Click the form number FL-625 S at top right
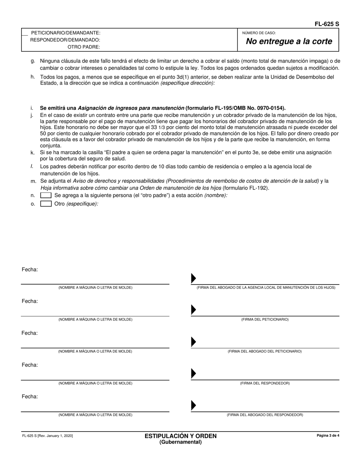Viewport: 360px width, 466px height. (x=327, y=24)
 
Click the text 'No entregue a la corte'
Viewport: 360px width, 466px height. (x=289, y=42)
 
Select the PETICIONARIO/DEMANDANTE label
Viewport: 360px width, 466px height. (x=66, y=33)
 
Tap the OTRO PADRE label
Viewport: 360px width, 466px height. (x=84, y=47)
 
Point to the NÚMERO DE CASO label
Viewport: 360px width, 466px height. (x=259, y=33)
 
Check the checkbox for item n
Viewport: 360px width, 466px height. (x=46, y=195)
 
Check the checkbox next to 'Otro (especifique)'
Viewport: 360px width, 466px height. (x=46, y=204)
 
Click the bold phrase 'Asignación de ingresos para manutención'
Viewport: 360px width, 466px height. (x=131, y=108)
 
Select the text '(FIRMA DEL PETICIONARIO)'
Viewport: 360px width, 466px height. (x=265, y=320)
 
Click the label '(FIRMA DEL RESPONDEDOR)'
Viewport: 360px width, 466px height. (x=265, y=383)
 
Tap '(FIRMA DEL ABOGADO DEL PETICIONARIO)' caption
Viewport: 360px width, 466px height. (x=265, y=352)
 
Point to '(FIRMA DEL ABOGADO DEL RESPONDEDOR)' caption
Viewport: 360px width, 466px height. (x=265, y=415)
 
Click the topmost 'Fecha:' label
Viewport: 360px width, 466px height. (x=30, y=270)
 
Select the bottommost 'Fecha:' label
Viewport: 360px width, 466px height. (x=30, y=397)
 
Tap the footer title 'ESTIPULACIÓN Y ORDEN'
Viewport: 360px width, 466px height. (x=180, y=436)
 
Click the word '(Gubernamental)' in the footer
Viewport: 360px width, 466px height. (x=180, y=442)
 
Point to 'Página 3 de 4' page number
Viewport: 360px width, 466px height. (x=328, y=436)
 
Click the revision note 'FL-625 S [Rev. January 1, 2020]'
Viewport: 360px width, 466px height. (x=47, y=436)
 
